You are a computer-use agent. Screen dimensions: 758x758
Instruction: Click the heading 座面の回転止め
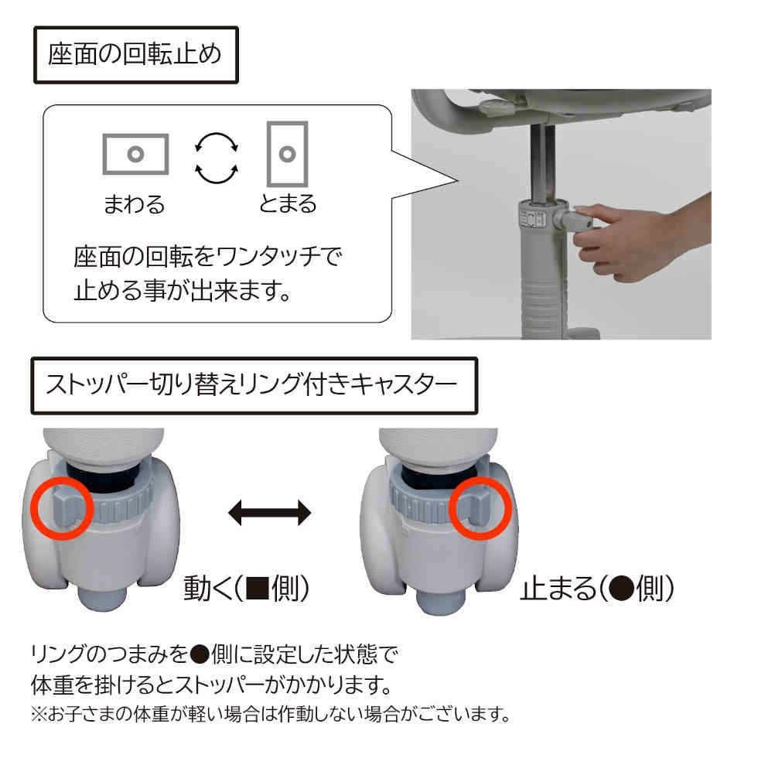[x=135, y=56]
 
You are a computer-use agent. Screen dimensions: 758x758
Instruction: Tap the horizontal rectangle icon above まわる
[x=135, y=152]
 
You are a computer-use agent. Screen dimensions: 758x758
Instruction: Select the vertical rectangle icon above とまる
[x=287, y=152]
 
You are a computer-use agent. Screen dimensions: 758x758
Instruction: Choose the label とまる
[x=288, y=204]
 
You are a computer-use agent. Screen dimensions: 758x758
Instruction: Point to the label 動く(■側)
[x=247, y=589]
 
